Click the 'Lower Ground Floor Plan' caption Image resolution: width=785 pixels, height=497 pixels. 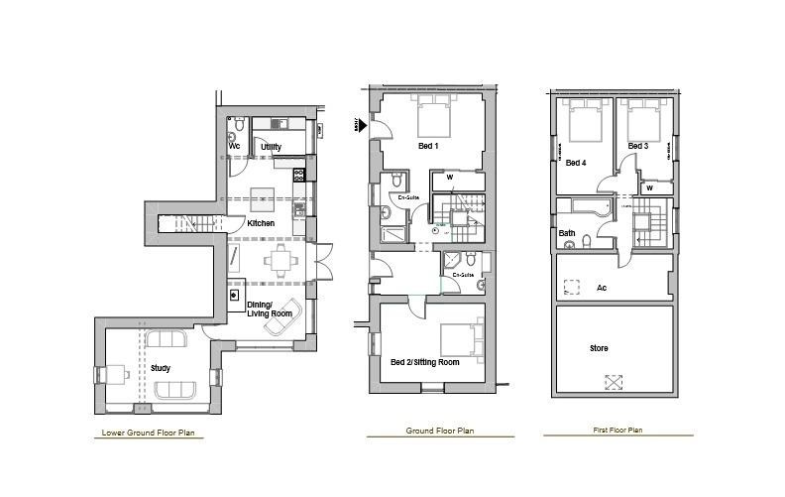[x=149, y=433]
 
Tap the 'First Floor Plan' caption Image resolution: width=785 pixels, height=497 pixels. [x=617, y=431]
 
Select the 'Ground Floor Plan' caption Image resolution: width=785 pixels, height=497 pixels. [x=439, y=432]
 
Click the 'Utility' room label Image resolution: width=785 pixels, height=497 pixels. [x=271, y=147]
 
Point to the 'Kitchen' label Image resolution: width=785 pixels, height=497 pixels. [x=261, y=223]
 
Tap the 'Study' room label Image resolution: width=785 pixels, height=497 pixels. [x=160, y=368]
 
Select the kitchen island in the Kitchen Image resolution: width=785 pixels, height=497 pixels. [x=262, y=194]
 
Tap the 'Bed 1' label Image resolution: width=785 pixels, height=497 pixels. [x=428, y=147]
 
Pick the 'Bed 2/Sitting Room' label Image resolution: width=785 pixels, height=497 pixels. [x=424, y=362]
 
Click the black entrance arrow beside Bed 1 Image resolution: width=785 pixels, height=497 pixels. [x=361, y=125]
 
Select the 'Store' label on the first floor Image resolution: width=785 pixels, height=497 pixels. [x=599, y=348]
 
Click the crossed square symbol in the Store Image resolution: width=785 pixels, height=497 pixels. [x=615, y=381]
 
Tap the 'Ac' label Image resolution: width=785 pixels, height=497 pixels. [x=602, y=288]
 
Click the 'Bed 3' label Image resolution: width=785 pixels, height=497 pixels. [x=637, y=147]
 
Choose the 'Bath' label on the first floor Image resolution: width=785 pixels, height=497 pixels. [x=567, y=234]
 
